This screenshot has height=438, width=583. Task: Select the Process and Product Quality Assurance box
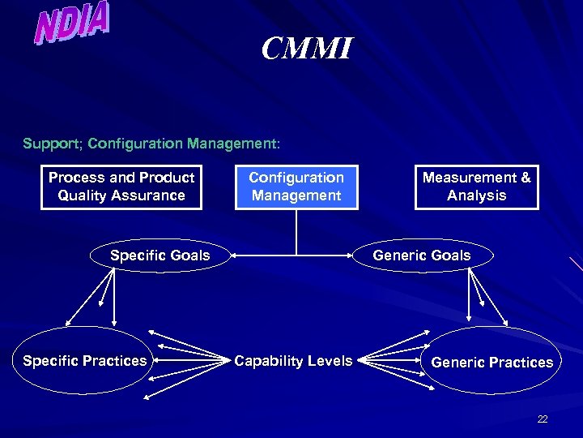click(x=121, y=187)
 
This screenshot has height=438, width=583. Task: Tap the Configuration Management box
click(x=296, y=187)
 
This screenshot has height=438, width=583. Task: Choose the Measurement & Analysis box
click(x=476, y=187)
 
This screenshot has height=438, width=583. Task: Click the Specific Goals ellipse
click(x=160, y=256)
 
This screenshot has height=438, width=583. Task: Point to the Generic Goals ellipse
click(x=422, y=255)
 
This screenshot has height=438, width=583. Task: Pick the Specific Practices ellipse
click(x=85, y=361)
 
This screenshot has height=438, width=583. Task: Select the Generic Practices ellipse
click(x=492, y=362)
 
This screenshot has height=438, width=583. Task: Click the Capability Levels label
click(x=293, y=361)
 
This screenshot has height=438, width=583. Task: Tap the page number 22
click(x=543, y=419)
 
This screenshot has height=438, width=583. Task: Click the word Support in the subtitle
click(x=51, y=144)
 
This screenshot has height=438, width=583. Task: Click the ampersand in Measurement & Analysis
click(x=526, y=178)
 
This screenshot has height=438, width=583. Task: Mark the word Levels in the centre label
click(x=331, y=361)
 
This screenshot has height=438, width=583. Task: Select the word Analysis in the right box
click(x=476, y=195)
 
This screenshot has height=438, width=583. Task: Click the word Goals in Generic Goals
click(x=451, y=255)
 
